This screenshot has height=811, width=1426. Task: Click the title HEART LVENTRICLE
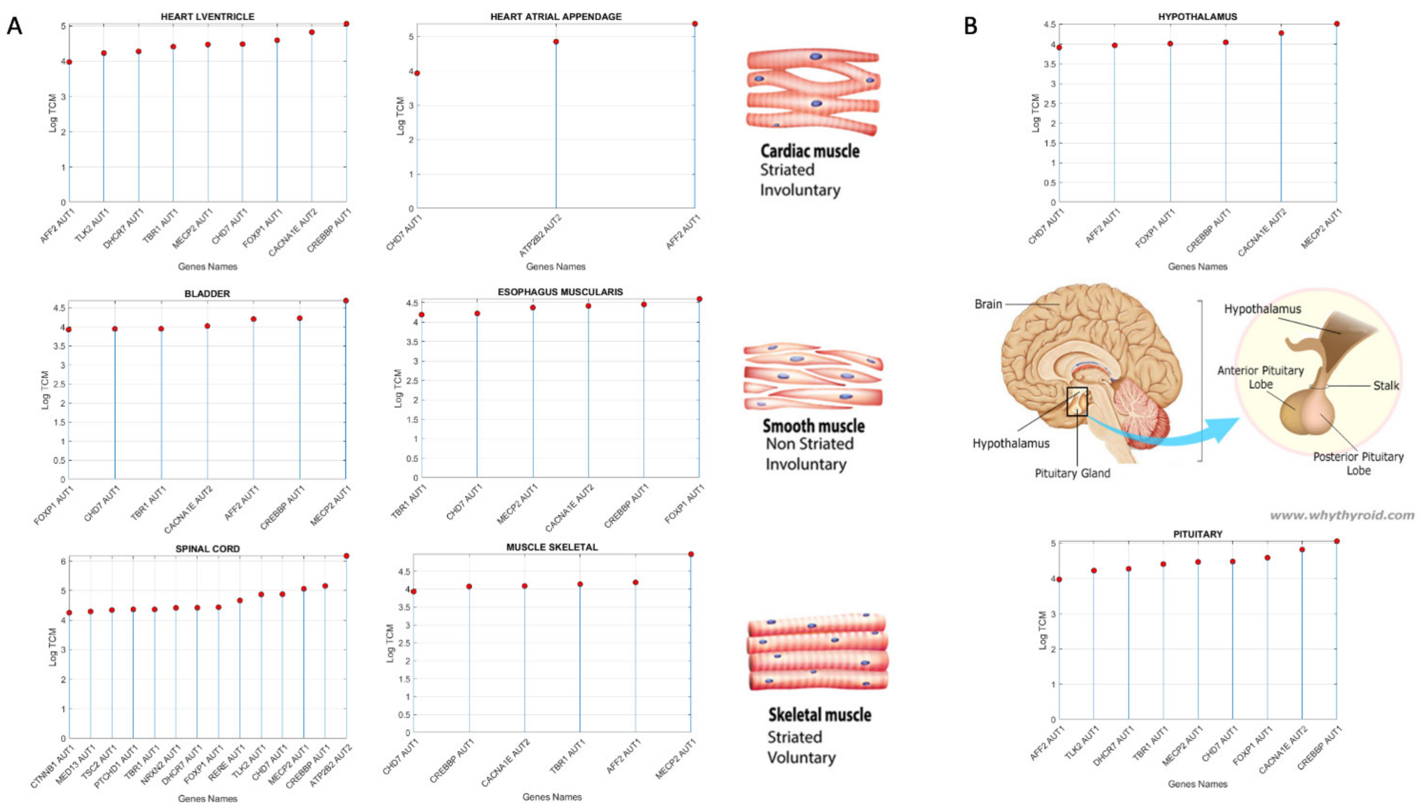coord(207,17)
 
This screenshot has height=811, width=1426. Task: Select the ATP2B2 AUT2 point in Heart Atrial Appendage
coord(556,42)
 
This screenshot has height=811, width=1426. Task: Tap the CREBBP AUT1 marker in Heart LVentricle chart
coord(346,24)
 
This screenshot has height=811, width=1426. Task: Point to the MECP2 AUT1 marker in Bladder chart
coord(346,301)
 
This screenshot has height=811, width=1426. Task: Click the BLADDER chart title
coord(207,293)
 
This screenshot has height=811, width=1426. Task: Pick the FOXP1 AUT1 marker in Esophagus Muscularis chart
coord(699,299)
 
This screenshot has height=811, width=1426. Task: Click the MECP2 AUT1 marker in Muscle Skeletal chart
coord(691,554)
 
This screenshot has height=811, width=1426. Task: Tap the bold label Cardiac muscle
coord(809,151)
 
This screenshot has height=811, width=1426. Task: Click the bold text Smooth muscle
coord(813,426)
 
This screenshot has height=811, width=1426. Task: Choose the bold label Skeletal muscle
coord(820,715)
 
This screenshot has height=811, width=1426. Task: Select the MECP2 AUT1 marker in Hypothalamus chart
coord(1336,24)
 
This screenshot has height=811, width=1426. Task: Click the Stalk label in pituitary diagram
coord(1385,386)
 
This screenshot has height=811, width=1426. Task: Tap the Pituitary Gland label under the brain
coord(1072,474)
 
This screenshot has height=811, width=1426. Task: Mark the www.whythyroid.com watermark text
coord(1341,515)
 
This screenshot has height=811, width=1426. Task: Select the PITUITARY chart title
coord(1198,534)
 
